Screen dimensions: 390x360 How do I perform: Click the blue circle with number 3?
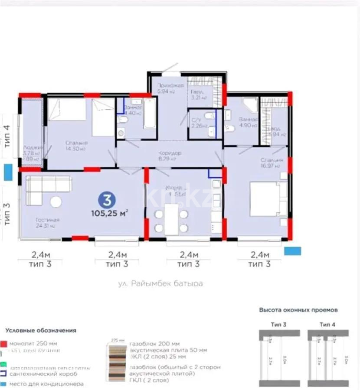coord(107,200)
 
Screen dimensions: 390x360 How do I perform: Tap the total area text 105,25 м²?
coord(110,213)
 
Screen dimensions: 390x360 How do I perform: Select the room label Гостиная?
coord(48,220)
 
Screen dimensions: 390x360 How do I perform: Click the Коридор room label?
coord(170,153)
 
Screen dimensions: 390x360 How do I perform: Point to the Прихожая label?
coord(167,85)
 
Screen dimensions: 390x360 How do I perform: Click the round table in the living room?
coord(56,202)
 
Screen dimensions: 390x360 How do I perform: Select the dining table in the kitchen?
coord(171,219)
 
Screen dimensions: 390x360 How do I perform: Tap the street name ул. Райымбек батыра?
coord(160,284)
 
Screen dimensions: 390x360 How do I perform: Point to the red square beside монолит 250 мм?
coord(3,343)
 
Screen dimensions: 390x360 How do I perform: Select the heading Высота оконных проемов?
coord(298,310)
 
